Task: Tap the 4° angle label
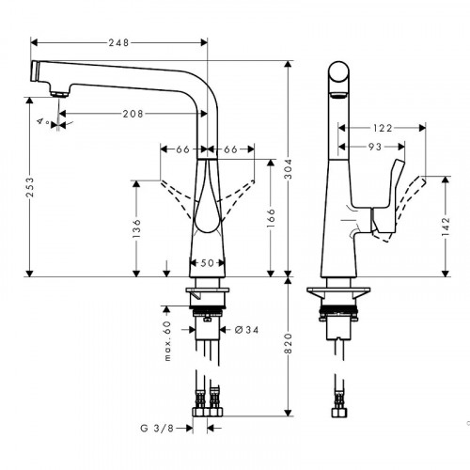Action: [x=42, y=122]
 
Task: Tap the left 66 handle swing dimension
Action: [x=183, y=148]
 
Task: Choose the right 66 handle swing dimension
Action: [x=231, y=148]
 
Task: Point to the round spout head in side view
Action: [x=338, y=76]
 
